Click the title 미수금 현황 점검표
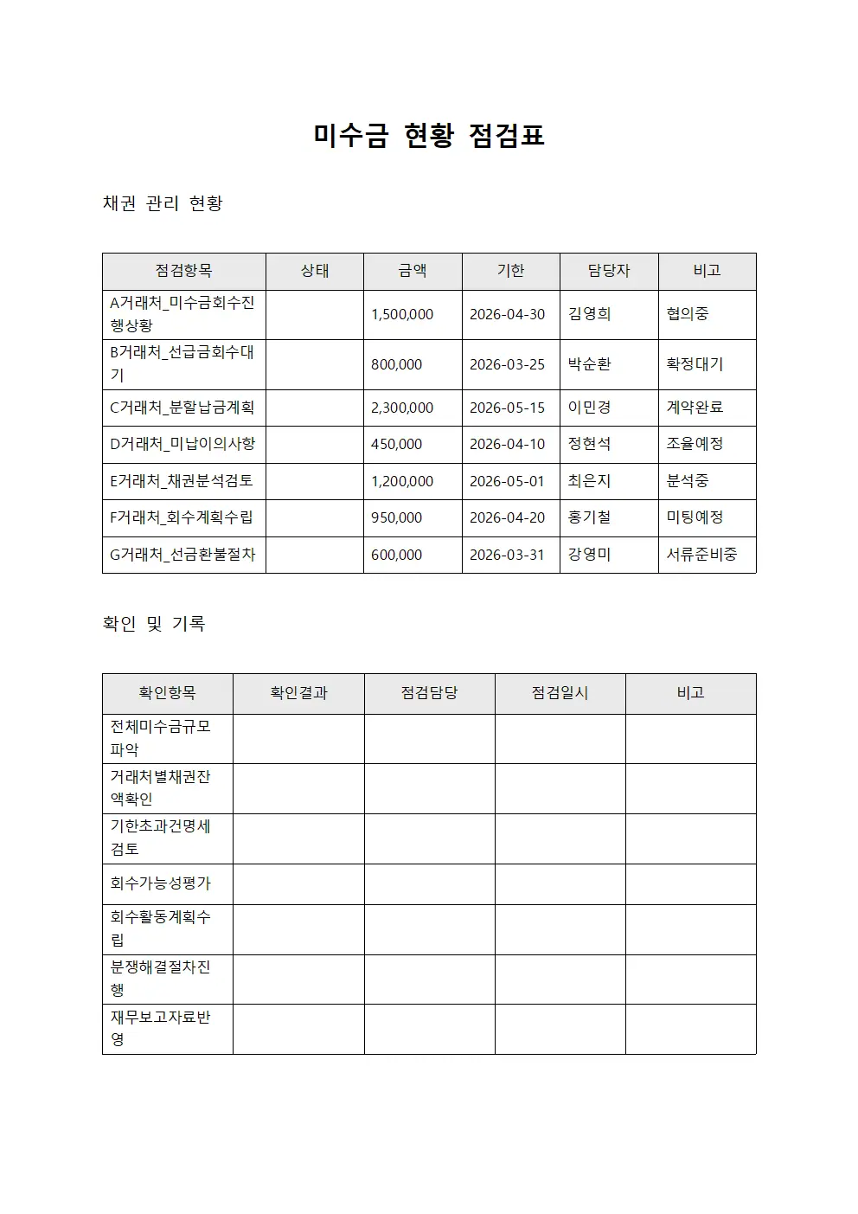click(429, 136)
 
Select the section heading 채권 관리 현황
click(163, 203)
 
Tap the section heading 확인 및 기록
click(154, 624)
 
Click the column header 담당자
click(609, 271)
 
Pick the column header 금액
click(413, 271)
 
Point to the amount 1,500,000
click(402, 315)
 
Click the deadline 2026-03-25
click(507, 365)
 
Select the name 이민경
click(590, 408)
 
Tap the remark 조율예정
click(695, 444)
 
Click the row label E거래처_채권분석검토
click(182, 481)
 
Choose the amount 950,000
click(397, 518)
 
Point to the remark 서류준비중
click(701, 555)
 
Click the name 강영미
click(590, 555)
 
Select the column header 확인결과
click(298, 693)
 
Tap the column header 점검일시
click(560, 693)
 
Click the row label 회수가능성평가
click(161, 883)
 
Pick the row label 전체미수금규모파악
click(161, 738)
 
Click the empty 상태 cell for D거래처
click(315, 444)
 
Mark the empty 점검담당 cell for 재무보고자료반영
click(429, 1029)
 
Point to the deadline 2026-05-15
click(507, 408)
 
